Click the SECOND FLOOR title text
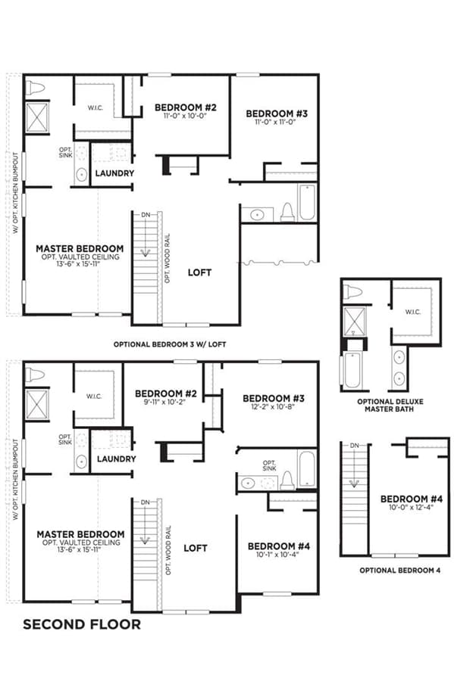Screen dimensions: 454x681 pos(82,624)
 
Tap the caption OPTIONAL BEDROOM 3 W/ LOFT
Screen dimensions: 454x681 pos(170,344)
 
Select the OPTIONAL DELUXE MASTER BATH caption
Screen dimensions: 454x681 pos(390,406)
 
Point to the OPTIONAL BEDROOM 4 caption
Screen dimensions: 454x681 pos(399,571)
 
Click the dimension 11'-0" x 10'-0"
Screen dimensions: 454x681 pos(185,116)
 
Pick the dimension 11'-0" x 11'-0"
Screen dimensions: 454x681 pos(276,122)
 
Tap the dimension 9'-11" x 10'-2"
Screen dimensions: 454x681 pos(165,403)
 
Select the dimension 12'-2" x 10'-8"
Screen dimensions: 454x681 pos(273,407)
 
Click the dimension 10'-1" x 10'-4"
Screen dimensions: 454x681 pos(277,555)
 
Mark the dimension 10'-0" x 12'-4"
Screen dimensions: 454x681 pos(412,507)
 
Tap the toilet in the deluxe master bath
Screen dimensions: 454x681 pos(352,292)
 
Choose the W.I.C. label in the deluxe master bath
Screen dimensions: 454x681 pos(412,312)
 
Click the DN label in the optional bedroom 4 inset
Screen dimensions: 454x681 pos(355,446)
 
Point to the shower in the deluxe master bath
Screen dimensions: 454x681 pos(355,322)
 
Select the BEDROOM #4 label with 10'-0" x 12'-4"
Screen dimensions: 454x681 pos(412,499)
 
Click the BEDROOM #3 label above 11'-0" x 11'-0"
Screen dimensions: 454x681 pos(277,113)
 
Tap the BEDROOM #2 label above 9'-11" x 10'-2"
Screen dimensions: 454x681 pos(166,394)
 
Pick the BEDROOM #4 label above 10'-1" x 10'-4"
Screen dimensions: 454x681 pos(279,546)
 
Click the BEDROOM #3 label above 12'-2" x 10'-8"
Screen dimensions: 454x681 pos(274,398)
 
